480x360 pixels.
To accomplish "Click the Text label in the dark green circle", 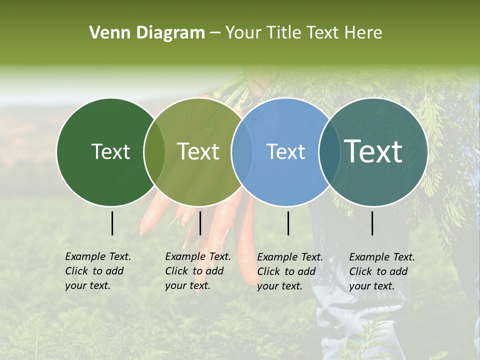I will tap(111, 151).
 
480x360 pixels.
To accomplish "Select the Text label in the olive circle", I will tap(198, 151).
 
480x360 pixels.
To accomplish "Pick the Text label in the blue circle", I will tap(286, 151).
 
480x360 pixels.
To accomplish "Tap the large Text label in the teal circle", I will tap(373, 151).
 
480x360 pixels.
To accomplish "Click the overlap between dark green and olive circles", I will tap(154, 152).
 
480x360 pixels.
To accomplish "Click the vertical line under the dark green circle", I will tap(112, 223).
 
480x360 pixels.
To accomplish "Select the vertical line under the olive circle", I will tap(200, 223).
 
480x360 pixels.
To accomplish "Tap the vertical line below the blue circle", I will tap(288, 223).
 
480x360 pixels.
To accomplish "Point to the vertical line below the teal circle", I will tap(372, 223).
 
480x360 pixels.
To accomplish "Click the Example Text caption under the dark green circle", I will tap(97, 271).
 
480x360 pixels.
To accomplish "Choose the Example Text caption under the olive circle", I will tap(197, 271).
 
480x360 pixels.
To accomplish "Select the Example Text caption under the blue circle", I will tap(289, 271).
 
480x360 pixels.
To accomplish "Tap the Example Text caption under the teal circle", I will tap(381, 271).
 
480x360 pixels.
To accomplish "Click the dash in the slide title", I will tap(214, 33).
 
